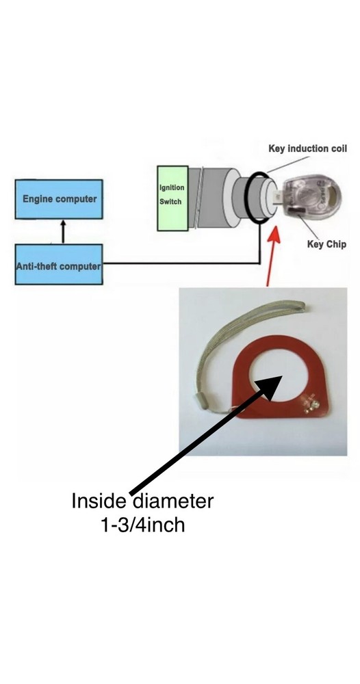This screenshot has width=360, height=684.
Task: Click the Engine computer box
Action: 59,199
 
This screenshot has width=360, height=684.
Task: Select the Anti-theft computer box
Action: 59,264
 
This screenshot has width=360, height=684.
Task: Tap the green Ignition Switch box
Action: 172,198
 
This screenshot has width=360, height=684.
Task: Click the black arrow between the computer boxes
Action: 63,231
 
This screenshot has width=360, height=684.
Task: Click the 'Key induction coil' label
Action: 307,148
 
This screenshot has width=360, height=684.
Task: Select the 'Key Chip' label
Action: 326,244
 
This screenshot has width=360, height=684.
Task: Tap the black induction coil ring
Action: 245,198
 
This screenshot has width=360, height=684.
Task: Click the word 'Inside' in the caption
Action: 99,501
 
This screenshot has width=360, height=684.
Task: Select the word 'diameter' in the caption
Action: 172,501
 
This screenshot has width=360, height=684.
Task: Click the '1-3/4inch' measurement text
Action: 142,525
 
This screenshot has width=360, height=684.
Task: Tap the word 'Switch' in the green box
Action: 170,202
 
